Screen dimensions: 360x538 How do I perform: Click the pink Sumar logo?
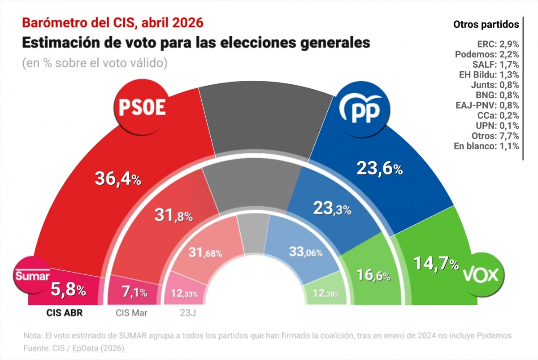coord(32,275)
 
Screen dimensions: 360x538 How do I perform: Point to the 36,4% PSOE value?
coord(118,179)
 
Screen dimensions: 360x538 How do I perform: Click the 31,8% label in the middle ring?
coord(174,216)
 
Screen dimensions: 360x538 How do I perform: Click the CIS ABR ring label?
coord(65,313)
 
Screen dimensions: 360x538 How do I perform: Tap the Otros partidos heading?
coord(486,24)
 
